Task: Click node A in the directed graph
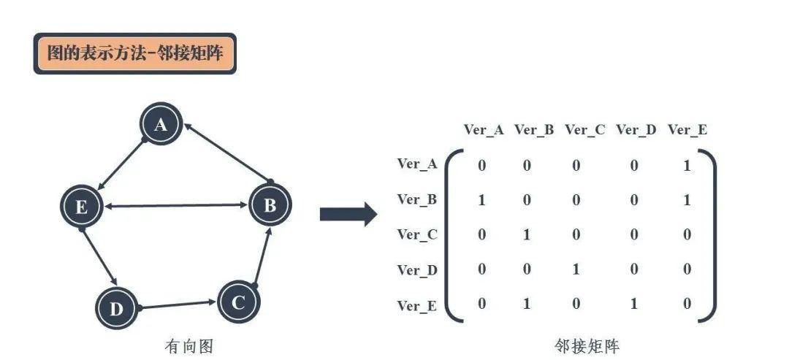[161, 123]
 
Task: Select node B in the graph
[270, 204]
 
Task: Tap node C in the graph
[238, 302]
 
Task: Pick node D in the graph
[116, 307]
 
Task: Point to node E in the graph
[82, 206]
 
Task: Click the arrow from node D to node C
[177, 305]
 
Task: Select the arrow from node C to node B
[263, 256]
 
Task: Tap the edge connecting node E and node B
[176, 205]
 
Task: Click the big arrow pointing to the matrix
[348, 215]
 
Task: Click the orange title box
[135, 53]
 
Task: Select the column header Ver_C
[584, 130]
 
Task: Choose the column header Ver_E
[687, 130]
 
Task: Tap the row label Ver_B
[416, 199]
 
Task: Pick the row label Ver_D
[417, 270]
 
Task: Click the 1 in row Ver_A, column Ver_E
[687, 166]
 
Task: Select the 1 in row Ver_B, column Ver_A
[482, 200]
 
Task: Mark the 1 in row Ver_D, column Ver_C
[576, 269]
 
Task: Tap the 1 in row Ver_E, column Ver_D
[633, 303]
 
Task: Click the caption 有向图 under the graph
[188, 346]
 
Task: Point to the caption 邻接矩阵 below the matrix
[587, 346]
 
